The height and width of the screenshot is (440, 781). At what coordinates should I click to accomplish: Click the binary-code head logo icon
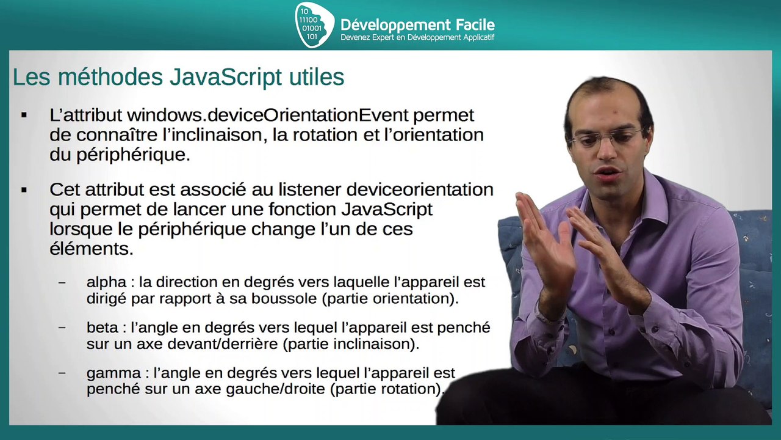tap(314, 24)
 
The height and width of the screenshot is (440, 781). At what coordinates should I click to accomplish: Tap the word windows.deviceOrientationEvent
tap(268, 114)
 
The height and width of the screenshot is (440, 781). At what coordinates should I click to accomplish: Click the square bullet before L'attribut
tap(24, 115)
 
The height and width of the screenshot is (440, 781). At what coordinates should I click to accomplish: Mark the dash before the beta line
tap(62, 327)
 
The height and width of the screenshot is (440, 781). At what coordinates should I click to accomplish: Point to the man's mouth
tap(608, 176)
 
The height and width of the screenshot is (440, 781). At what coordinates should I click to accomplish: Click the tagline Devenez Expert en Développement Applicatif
tap(417, 38)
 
